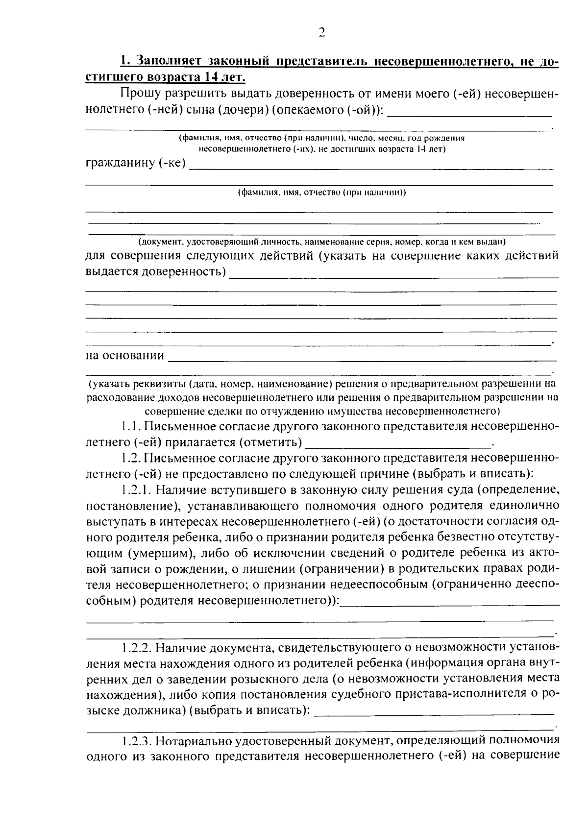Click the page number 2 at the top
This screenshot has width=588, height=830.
point(322,33)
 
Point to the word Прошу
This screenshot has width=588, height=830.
point(140,94)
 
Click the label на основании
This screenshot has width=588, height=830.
point(125,355)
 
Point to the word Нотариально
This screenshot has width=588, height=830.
point(196,739)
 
